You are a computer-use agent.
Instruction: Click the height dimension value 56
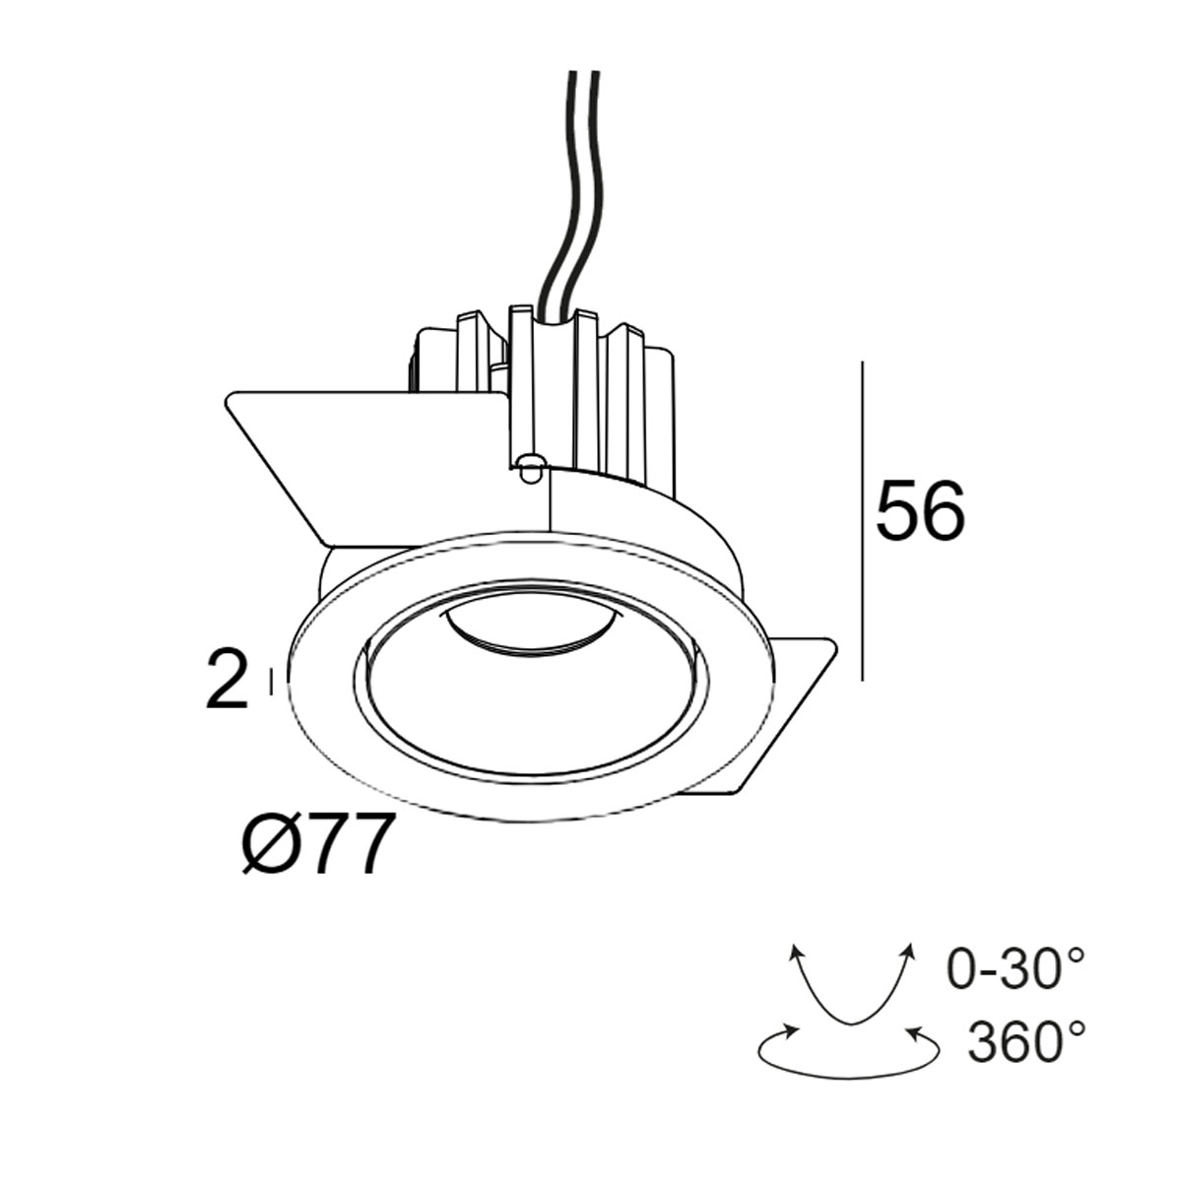tap(920, 512)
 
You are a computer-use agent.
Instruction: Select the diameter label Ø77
tap(312, 845)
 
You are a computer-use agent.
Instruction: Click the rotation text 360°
tap(1026, 1042)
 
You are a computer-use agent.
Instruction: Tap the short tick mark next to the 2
tap(270, 682)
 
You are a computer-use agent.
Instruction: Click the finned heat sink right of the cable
tap(630, 394)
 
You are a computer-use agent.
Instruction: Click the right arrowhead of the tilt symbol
tap(904, 951)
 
